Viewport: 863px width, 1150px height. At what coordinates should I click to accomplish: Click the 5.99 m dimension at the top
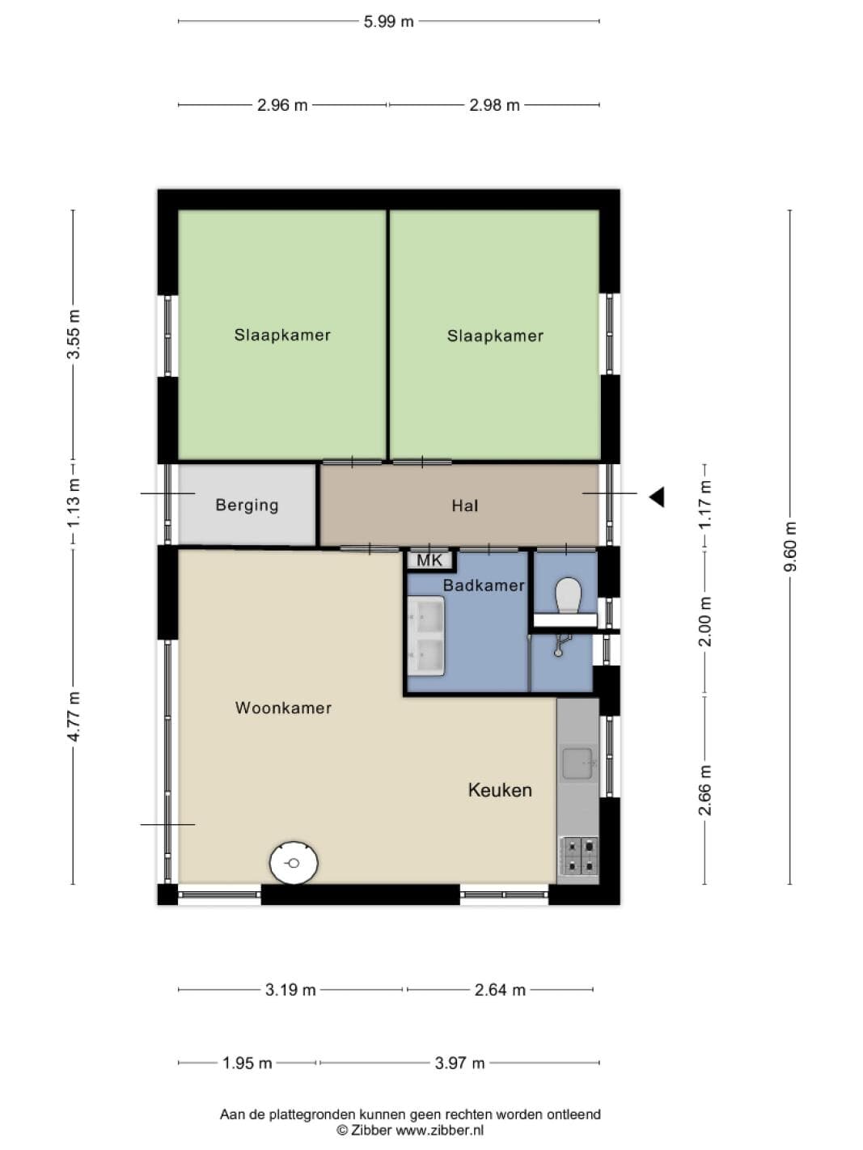point(388,22)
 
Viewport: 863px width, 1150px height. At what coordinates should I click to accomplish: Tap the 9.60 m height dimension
point(790,547)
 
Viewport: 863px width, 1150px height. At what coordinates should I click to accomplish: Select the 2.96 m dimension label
point(282,105)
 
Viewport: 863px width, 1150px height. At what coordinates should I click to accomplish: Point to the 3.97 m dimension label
point(459,1063)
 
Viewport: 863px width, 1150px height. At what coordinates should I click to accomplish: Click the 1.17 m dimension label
point(705,505)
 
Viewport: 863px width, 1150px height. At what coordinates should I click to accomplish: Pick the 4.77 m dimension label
point(74,717)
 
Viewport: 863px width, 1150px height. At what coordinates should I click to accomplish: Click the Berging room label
point(247,505)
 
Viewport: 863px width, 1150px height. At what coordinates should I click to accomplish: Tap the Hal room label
point(465,505)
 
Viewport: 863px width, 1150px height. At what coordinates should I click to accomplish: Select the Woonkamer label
point(283,708)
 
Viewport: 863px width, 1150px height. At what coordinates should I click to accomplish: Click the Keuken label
point(500,790)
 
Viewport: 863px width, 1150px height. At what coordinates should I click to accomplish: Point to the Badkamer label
point(484,586)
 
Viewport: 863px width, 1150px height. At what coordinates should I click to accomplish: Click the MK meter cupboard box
point(429,560)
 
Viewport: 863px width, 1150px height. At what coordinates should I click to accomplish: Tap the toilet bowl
point(568,595)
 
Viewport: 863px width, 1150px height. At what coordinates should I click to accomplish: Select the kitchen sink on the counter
point(578,763)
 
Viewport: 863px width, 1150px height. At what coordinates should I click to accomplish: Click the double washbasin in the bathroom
point(426,636)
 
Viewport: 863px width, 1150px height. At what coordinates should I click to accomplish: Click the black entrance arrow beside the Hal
point(657,497)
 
